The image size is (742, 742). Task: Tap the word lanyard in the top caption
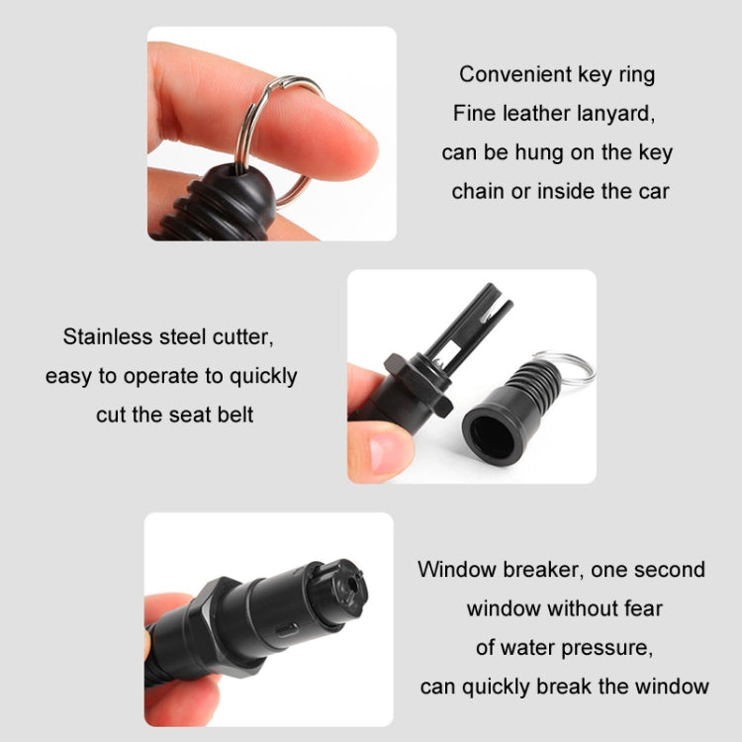coord(616,113)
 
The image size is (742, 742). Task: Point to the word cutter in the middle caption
coord(239,337)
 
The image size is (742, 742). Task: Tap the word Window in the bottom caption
coord(455,569)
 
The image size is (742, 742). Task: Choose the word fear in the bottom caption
coord(640,607)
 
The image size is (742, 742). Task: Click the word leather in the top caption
coord(543,113)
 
